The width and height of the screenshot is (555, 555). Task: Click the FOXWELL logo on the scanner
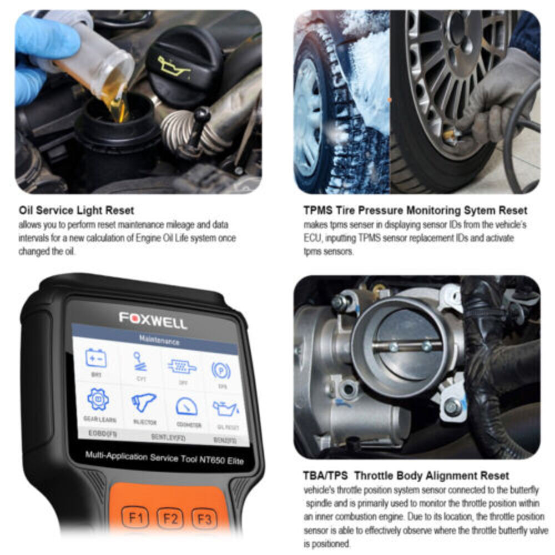153,320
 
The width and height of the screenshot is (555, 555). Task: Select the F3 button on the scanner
204,520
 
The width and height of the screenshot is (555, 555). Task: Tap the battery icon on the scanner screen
96,358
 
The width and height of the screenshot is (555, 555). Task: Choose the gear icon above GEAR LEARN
98,400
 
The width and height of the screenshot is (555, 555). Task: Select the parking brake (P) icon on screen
221,370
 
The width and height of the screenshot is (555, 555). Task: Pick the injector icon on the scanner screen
143,402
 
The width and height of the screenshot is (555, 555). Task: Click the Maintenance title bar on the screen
159,341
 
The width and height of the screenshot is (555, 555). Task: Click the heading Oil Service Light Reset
76,211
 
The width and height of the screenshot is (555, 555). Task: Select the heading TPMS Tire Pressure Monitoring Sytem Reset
415,211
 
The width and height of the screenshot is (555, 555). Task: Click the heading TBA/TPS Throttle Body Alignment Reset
406,476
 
